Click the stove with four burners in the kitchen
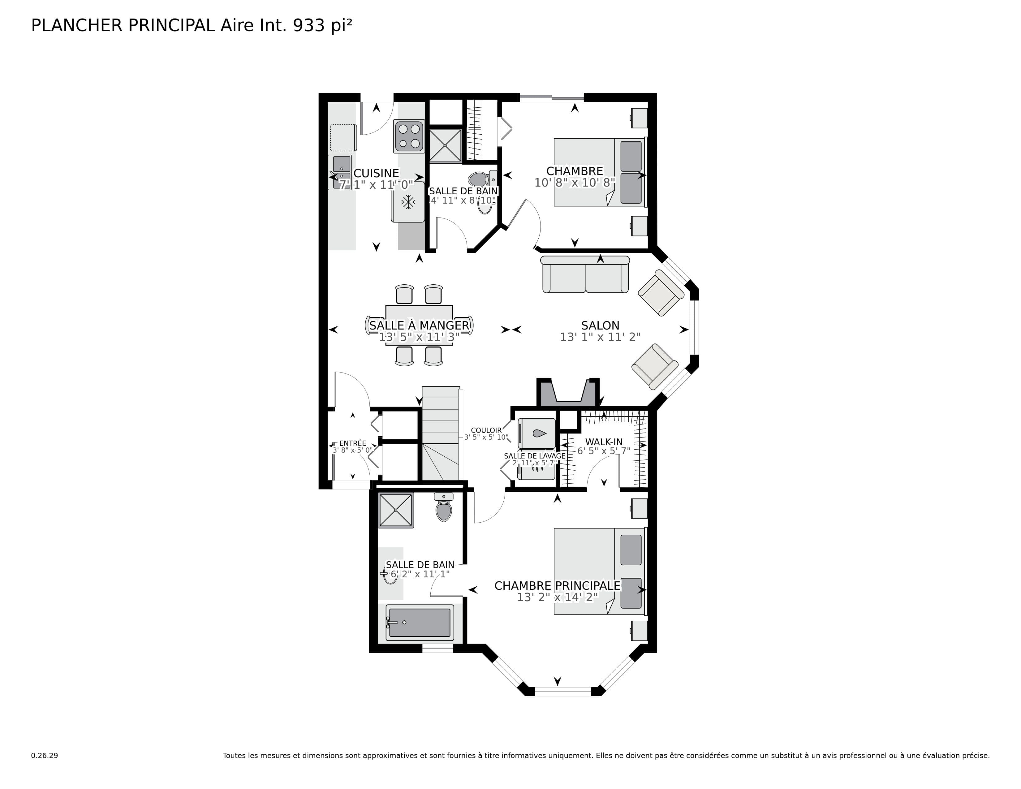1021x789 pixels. tap(409, 136)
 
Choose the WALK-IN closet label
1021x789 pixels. tap(604, 442)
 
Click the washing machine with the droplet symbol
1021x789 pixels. tap(537, 434)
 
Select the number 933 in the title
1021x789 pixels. tap(308, 25)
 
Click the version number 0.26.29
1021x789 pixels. tap(45, 755)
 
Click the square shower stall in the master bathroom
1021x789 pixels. tap(396, 511)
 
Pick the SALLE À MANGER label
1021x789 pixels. tap(419, 325)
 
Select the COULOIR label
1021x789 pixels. tap(486, 430)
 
